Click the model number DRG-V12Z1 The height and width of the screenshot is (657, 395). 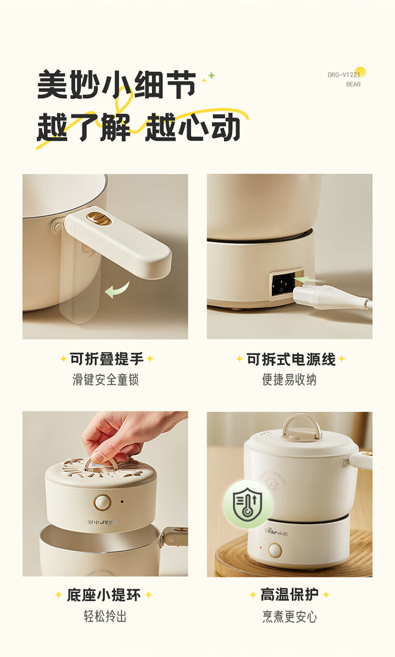pyautogui.click(x=344, y=75)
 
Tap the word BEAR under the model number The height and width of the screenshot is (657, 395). pyautogui.click(x=353, y=84)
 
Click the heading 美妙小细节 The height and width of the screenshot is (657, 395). pyautogui.click(x=117, y=84)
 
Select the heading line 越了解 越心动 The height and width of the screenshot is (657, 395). pyautogui.click(x=139, y=126)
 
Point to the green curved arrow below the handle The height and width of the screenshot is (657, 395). pyautogui.click(x=117, y=289)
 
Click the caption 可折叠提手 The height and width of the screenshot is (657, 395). pyautogui.click(x=107, y=359)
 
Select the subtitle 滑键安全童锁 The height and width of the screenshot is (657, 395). pyautogui.click(x=105, y=379)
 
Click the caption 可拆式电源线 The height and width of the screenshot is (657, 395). pyautogui.click(x=291, y=359)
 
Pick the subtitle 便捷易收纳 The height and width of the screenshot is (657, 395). pyautogui.click(x=290, y=379)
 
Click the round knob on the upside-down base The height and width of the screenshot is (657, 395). pyautogui.click(x=102, y=502)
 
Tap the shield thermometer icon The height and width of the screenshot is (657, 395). pyautogui.click(x=248, y=504)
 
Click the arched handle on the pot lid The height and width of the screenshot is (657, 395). pyautogui.click(x=302, y=427)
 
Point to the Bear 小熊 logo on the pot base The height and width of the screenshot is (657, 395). pyautogui.click(x=276, y=532)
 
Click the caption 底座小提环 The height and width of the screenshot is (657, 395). pyautogui.click(x=104, y=595)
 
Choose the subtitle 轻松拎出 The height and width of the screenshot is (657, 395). pyautogui.click(x=105, y=616)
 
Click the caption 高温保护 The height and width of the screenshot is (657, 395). pyautogui.click(x=290, y=594)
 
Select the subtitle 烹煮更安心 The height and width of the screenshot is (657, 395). pyautogui.click(x=290, y=616)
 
